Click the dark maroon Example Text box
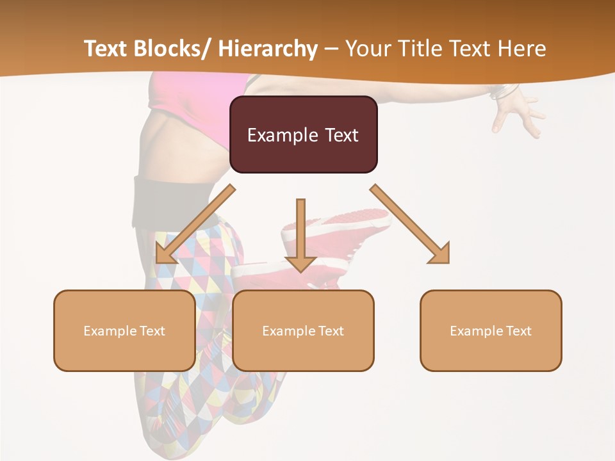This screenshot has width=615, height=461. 303,134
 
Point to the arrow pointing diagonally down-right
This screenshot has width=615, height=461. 410,224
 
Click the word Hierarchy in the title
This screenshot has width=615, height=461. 268,49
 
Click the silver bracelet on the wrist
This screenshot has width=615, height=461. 503,91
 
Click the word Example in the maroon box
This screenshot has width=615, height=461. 282,135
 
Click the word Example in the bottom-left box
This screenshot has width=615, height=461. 110,330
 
